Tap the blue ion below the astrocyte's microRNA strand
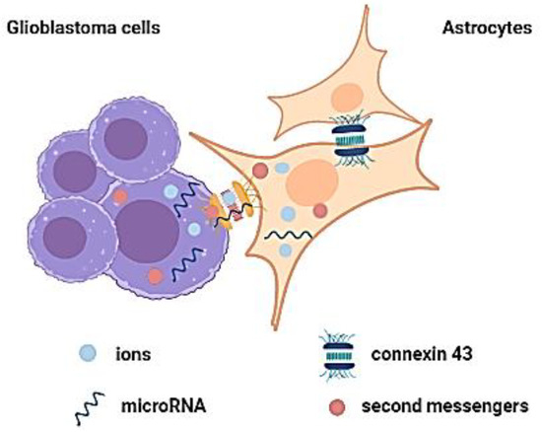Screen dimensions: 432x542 click(285, 252)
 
